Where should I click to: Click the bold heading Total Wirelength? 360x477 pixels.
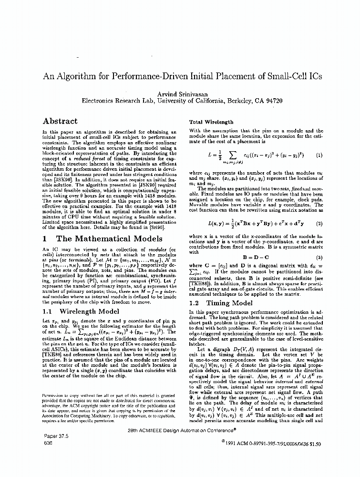pos(211,122)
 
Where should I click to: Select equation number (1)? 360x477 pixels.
pos(319,155)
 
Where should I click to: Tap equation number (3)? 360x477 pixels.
pos(319,258)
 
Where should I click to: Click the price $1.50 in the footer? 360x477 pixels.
pos(315,443)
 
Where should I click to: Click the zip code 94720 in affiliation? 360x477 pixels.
pos(272,101)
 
